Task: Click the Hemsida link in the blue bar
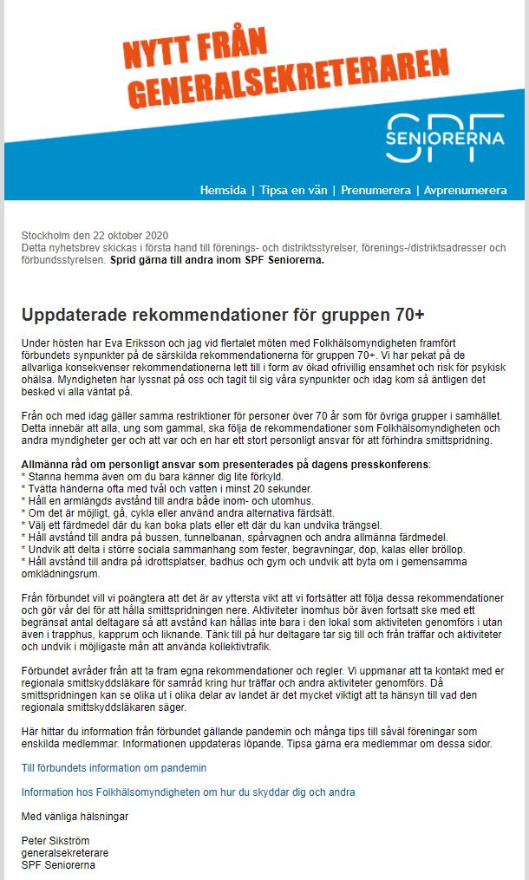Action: pos(224,190)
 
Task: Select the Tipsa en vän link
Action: pos(293,190)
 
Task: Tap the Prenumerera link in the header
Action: pos(376,190)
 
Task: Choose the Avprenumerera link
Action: pos(466,190)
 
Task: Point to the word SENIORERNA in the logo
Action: pos(445,138)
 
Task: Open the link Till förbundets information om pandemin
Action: pos(114,768)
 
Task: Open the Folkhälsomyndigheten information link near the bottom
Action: pos(188,792)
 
